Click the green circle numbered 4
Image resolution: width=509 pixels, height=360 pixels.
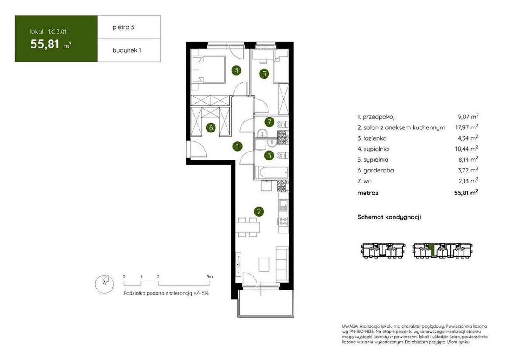[x=236, y=70]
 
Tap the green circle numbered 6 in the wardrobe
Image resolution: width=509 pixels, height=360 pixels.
[x=211, y=128]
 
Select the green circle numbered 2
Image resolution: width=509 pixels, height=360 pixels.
[x=259, y=212]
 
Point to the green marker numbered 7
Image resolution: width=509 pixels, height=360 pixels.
[x=269, y=122]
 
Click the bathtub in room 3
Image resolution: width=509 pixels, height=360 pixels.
[x=271, y=173]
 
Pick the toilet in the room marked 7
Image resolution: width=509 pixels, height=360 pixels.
[x=282, y=124]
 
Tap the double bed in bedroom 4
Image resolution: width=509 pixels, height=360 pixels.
[x=209, y=69]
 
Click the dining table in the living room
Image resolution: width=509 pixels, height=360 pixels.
[x=247, y=228]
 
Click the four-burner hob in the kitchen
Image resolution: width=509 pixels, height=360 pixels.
[x=283, y=221]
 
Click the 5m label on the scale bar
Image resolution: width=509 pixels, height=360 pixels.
[x=210, y=277]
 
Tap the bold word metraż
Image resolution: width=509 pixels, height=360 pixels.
[x=368, y=193]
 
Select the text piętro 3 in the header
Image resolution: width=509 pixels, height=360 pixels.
[x=123, y=28]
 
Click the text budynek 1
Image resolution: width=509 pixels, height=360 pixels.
[x=127, y=50]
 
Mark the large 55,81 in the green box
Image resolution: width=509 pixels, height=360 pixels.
[x=45, y=44]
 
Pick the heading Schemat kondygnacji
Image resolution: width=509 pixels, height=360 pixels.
[x=389, y=217]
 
